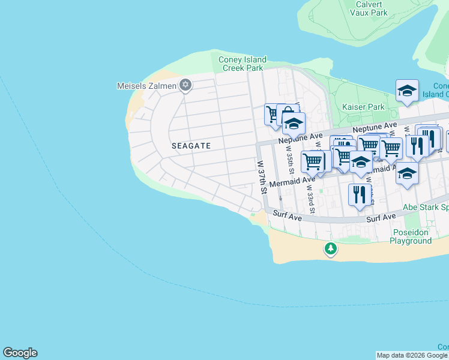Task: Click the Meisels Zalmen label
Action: [146, 86]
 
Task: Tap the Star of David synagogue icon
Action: [185, 85]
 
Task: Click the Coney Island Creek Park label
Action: [243, 64]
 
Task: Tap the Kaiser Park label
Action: [363, 107]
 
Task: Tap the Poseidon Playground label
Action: [411, 236]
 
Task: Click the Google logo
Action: [20, 353]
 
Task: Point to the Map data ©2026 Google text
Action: [412, 355]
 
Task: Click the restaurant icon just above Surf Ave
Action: [359, 195]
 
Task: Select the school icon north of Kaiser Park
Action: [407, 91]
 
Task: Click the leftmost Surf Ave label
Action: [286, 213]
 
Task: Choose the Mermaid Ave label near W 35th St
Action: [292, 181]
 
